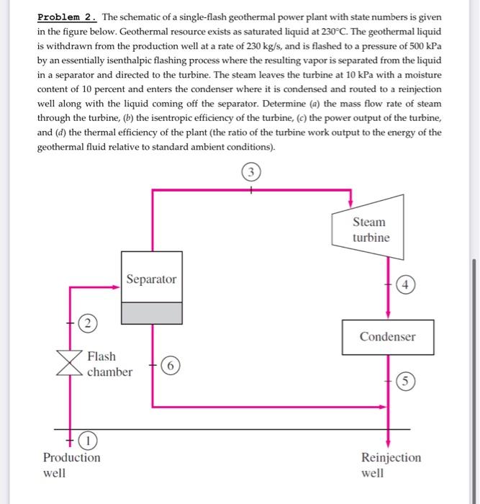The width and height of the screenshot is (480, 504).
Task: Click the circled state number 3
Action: click(x=250, y=173)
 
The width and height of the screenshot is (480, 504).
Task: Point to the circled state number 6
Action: click(x=168, y=365)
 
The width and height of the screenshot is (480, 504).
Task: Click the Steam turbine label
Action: click(x=371, y=230)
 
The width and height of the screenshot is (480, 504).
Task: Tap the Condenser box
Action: click(x=388, y=337)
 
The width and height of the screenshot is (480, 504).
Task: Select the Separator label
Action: click(x=151, y=279)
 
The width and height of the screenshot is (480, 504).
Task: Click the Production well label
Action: click(x=71, y=465)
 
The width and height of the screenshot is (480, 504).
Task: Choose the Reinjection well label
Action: click(x=391, y=465)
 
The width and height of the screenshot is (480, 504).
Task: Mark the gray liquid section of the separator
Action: click(x=151, y=312)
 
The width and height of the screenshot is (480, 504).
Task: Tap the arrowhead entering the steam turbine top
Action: click(x=350, y=202)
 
